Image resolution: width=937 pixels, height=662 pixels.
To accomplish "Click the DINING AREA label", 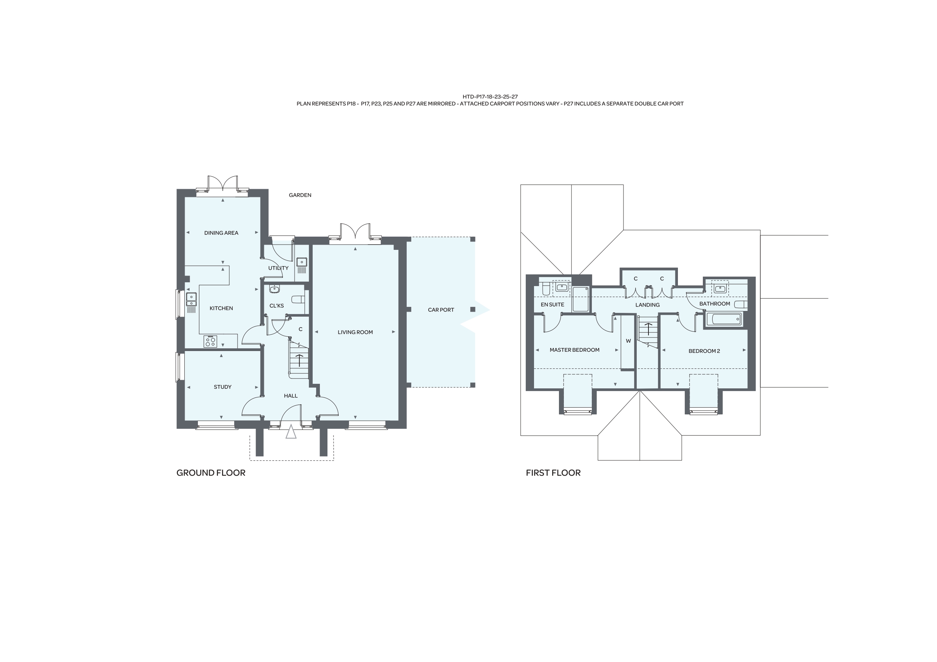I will (x=221, y=233).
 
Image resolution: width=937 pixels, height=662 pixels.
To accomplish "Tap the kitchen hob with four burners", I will (x=210, y=342).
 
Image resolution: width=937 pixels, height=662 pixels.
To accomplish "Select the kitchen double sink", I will (x=191, y=299).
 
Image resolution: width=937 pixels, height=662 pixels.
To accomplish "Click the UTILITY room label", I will (x=278, y=268).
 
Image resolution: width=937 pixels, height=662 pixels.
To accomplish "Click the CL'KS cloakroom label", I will (x=276, y=305).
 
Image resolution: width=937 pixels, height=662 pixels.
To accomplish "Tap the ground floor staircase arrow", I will (x=299, y=360).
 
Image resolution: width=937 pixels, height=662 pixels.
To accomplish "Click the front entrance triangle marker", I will (x=290, y=431).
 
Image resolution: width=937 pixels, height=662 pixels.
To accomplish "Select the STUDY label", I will (x=222, y=387).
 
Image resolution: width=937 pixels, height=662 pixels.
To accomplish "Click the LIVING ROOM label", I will (x=355, y=332).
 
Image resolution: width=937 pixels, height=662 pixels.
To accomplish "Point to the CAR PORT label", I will (x=441, y=309).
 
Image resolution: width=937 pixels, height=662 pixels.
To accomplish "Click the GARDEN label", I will (x=300, y=195).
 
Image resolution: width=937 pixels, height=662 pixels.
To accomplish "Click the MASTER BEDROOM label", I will (x=574, y=350).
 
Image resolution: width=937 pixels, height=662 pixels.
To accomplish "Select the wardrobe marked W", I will (x=628, y=341).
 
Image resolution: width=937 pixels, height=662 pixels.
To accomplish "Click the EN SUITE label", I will (x=552, y=304).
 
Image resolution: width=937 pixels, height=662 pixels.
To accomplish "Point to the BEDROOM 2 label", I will (x=704, y=351).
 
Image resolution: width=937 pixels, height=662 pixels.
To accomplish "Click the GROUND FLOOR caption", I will (x=211, y=473).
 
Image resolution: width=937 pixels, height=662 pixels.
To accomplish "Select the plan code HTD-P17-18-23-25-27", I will (x=490, y=97).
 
